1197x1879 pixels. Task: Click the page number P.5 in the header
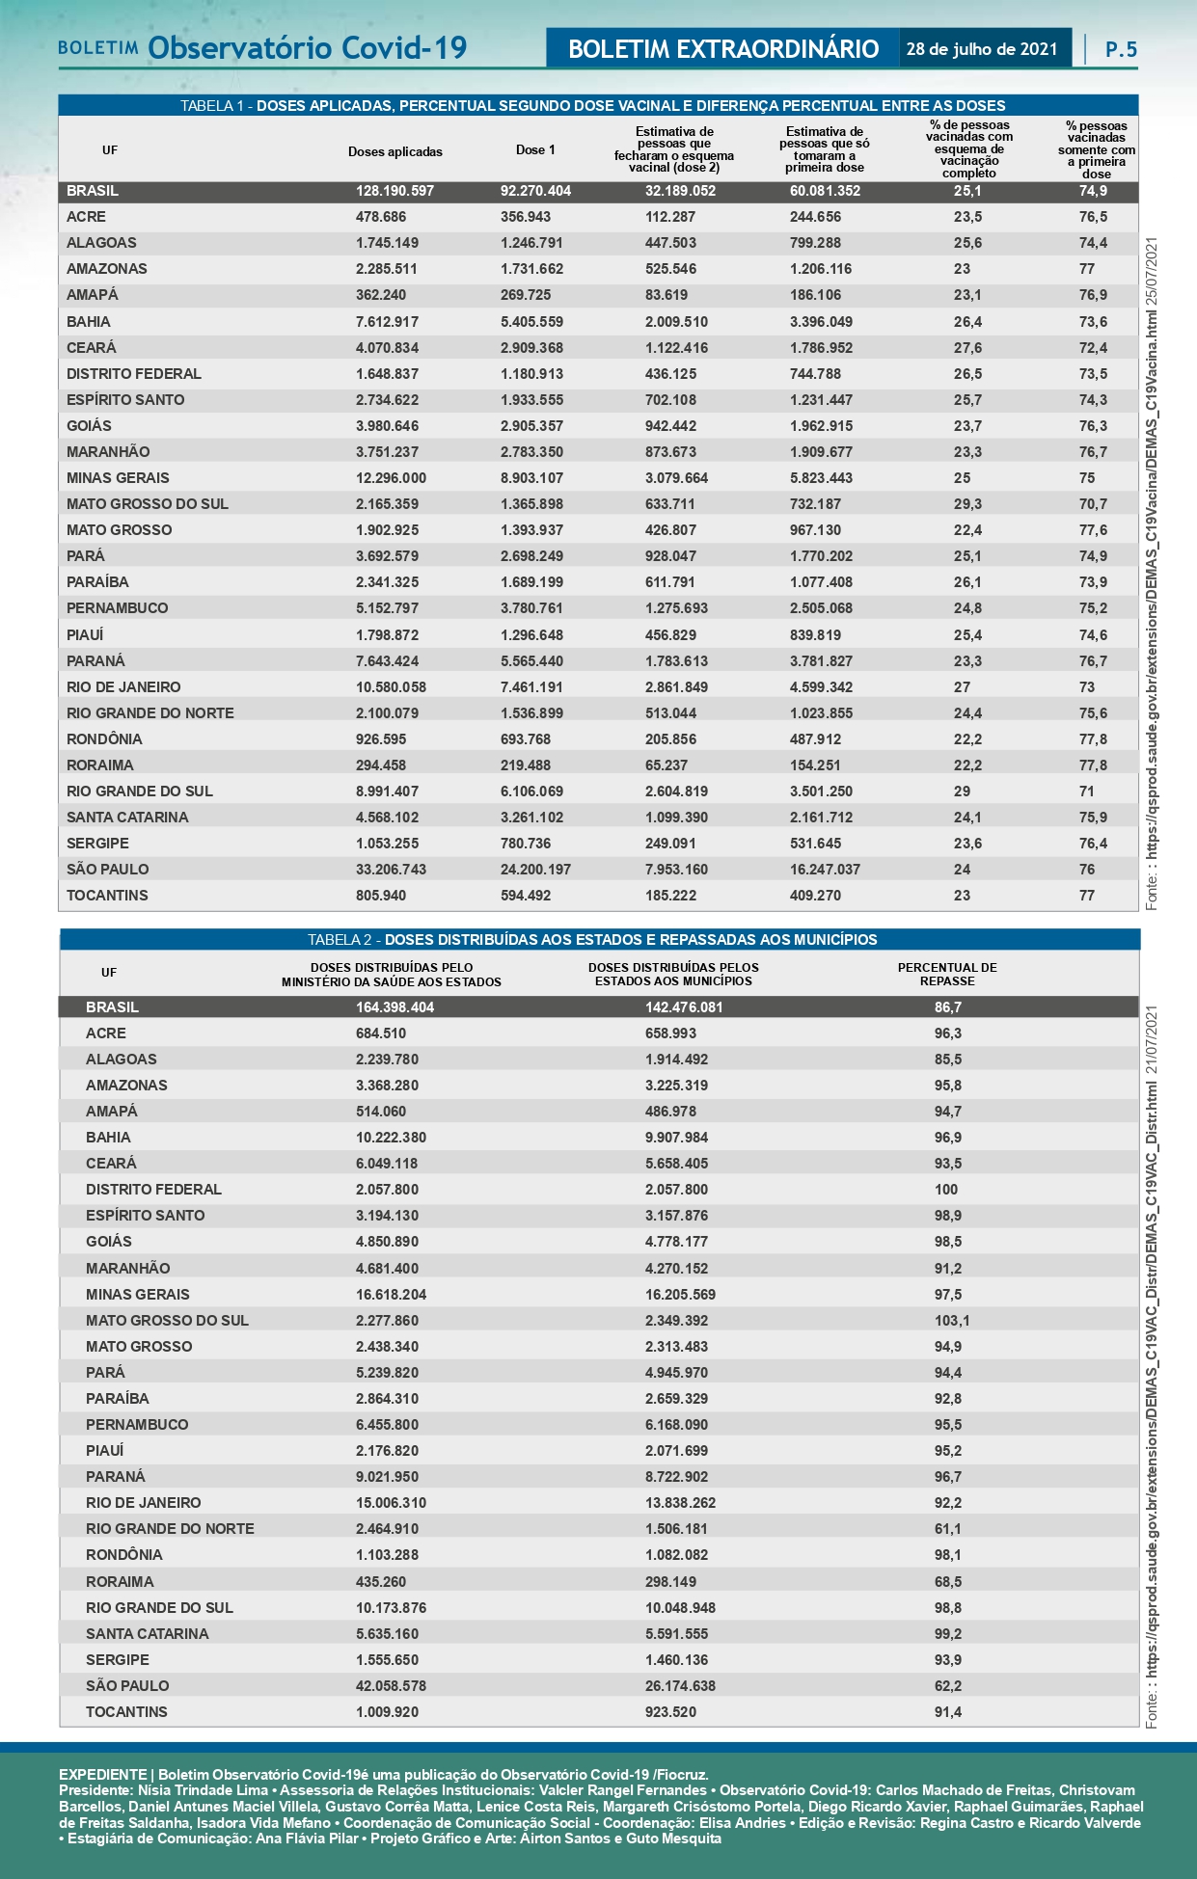[x=1121, y=49]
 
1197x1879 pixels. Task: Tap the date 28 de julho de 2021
[x=982, y=49]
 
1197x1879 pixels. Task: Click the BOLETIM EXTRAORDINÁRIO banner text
[x=723, y=49]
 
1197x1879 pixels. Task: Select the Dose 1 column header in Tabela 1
[x=535, y=149]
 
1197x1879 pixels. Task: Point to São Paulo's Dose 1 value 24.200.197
[x=535, y=869]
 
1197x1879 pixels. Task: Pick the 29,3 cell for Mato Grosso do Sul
[x=967, y=503]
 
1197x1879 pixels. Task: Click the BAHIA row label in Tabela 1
[x=89, y=321]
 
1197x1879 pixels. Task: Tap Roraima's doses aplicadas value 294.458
[x=380, y=765]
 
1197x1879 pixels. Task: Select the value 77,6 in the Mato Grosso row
[x=1093, y=529]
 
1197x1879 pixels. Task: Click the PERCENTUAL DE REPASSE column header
[x=947, y=974]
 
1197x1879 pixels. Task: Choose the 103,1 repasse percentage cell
[x=951, y=1320]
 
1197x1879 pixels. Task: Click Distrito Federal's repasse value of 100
[x=946, y=1189]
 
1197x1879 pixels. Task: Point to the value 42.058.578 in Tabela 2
[x=391, y=1685]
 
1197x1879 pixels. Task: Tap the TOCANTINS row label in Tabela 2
[x=126, y=1711]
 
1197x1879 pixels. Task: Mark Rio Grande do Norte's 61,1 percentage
[x=947, y=1528]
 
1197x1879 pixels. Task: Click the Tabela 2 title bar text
[x=592, y=939]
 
